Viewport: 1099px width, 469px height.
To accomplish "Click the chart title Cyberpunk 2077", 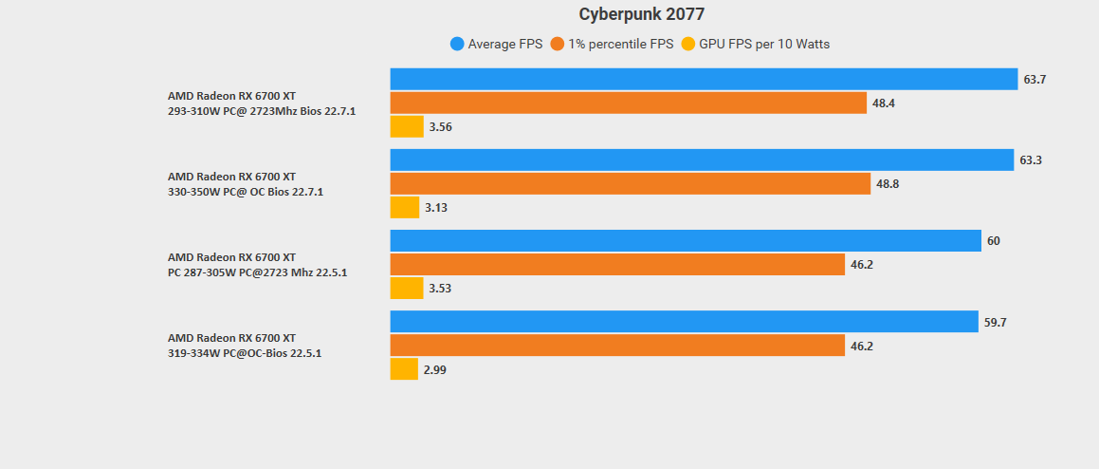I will point(641,14).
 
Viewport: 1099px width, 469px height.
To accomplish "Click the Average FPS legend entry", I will point(497,44).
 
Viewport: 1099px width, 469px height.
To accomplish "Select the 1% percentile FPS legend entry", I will point(613,44).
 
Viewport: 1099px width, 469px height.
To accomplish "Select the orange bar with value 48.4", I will point(628,103).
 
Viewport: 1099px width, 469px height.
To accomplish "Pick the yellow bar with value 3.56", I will point(407,126).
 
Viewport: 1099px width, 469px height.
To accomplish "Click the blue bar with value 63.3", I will point(702,159).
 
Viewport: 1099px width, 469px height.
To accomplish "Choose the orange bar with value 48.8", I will point(630,183).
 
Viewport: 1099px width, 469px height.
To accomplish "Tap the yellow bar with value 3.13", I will point(405,207).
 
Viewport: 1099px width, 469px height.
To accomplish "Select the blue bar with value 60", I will point(686,240).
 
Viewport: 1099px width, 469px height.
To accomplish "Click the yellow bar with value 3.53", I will point(407,288).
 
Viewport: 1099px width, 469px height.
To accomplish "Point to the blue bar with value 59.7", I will point(684,322).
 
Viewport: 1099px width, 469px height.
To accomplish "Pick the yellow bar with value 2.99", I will point(404,369).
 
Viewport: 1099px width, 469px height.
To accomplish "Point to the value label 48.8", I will point(888,184).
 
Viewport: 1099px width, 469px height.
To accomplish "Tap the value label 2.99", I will point(434,370).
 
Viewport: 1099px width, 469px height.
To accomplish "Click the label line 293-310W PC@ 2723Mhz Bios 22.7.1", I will point(262,110).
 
